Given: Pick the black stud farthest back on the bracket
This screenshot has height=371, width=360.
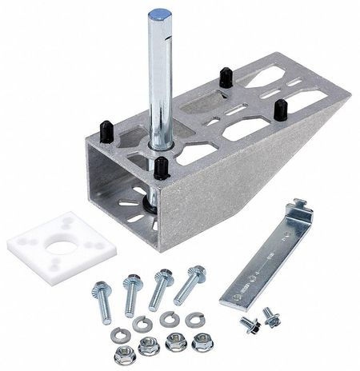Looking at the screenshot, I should (x=226, y=77).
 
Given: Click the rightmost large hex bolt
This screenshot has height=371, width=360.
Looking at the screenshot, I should (x=189, y=284).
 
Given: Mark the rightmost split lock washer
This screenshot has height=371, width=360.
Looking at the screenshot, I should (x=194, y=319).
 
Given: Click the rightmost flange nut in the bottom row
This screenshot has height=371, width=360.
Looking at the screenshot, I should (x=200, y=343).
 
